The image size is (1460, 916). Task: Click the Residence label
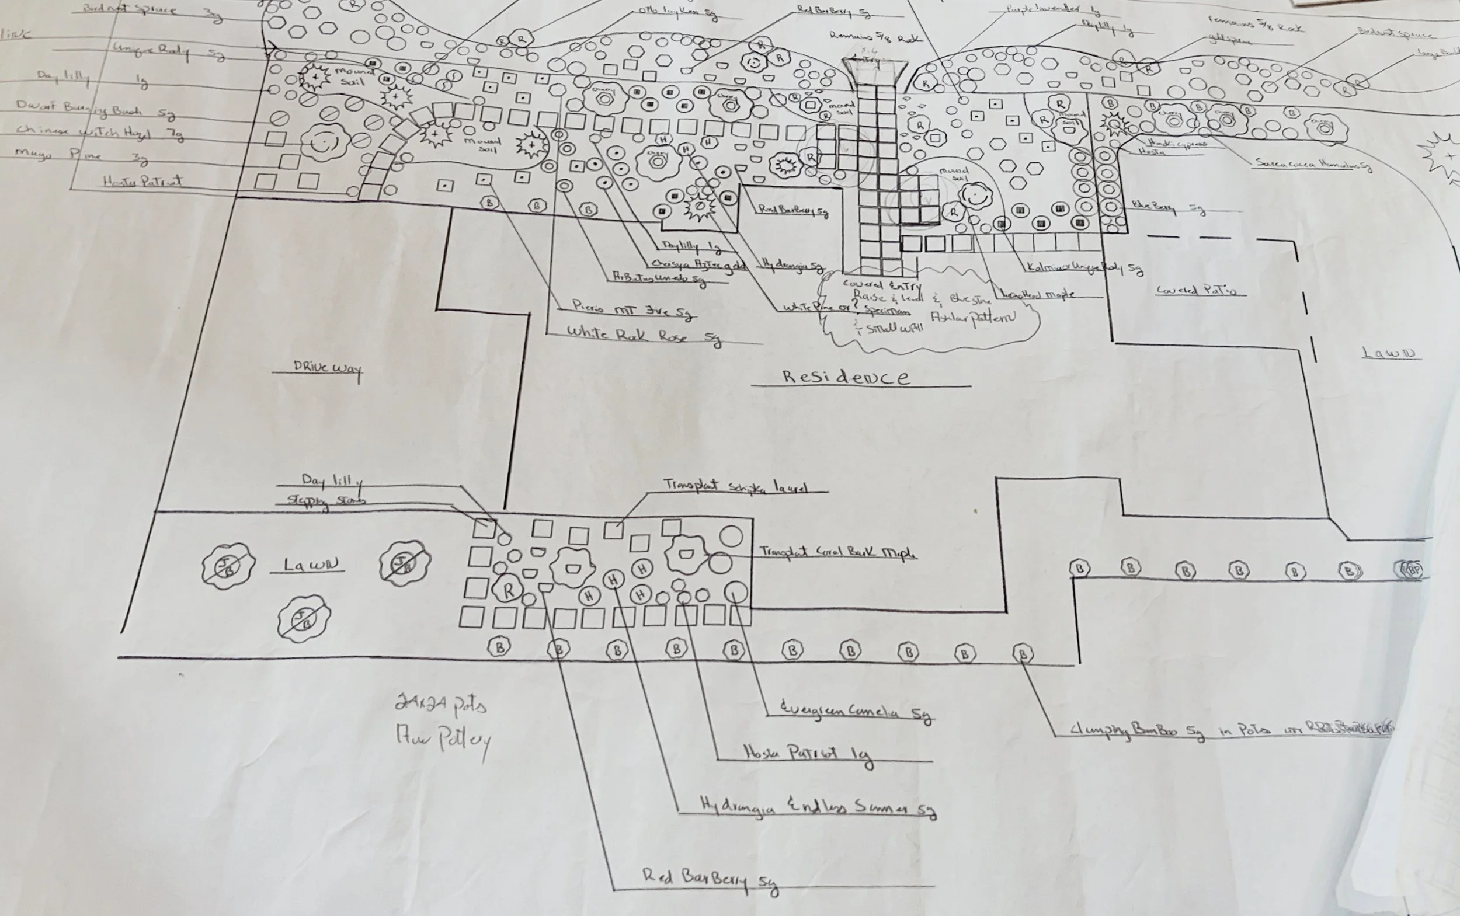[846, 377]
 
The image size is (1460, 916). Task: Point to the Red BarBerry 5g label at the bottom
[709, 880]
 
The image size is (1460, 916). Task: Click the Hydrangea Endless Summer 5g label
[818, 807]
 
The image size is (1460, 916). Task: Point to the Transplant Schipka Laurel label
[735, 486]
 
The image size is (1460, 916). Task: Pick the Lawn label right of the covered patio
[1391, 353]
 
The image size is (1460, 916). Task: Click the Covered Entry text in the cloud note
[882, 285]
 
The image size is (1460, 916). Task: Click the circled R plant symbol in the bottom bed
[509, 590]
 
